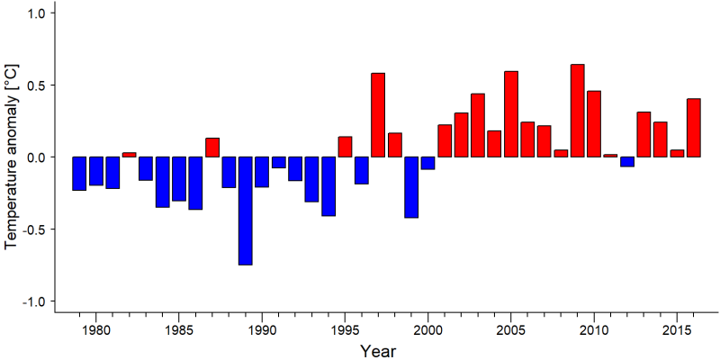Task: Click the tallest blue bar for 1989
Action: [245, 211]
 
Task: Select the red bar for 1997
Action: [378, 115]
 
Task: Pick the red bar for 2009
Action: [577, 111]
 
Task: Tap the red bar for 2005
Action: [511, 114]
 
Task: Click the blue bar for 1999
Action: [411, 187]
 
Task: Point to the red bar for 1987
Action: [212, 148]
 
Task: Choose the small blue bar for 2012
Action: [627, 162]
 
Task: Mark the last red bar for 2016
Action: [694, 128]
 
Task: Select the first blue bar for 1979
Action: [79, 174]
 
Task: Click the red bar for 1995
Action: [345, 147]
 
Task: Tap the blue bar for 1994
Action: [328, 186]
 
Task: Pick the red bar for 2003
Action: [478, 125]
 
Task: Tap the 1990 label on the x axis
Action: [262, 329]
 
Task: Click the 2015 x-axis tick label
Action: [677, 329]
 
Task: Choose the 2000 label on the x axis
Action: [427, 329]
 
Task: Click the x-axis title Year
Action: [377, 351]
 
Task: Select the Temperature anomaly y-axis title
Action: [11, 156]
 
